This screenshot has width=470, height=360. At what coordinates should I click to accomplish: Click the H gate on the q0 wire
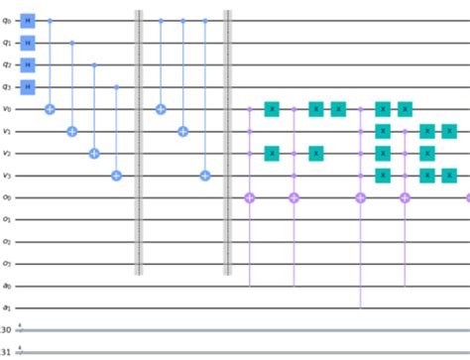(x=28, y=20)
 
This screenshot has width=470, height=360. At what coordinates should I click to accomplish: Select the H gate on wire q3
(x=28, y=86)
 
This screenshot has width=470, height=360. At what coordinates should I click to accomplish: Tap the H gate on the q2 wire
(x=28, y=64)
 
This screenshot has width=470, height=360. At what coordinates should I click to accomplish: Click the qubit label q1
(x=7, y=43)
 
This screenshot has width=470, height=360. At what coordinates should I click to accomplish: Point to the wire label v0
(x=7, y=109)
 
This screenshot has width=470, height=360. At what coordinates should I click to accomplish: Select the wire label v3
(x=7, y=176)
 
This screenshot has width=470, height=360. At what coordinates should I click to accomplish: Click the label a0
(x=7, y=287)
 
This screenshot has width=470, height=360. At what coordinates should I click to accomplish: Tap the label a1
(x=7, y=308)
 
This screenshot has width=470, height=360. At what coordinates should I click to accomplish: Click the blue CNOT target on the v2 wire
(x=94, y=154)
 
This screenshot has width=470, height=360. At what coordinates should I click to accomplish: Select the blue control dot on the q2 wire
(x=94, y=64)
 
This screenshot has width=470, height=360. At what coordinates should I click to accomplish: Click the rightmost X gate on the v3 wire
(x=449, y=176)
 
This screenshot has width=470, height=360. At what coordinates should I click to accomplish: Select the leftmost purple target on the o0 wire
(x=249, y=198)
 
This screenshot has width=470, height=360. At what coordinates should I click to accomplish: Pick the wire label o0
(x=7, y=197)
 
